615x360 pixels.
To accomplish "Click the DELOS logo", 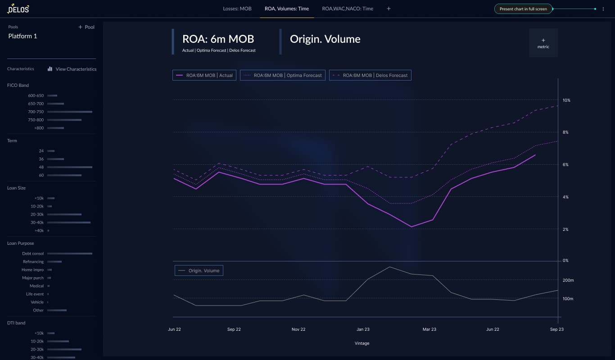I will (18, 9).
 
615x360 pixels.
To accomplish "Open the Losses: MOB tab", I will (237, 9).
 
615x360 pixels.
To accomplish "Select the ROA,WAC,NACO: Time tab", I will (348, 9).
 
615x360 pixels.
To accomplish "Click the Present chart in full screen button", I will (523, 9).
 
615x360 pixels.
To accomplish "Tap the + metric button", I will (543, 43).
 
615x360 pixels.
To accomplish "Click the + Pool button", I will (86, 27).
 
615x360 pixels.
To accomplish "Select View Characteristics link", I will (72, 69).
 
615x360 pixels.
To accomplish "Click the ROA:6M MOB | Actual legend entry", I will (204, 75).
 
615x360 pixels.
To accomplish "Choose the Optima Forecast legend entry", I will (283, 75).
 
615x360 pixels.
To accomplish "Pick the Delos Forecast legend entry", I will (370, 75).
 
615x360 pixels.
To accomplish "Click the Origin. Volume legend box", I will (199, 270).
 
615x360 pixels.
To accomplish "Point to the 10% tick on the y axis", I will (566, 100).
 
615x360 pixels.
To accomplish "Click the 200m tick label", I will (568, 280).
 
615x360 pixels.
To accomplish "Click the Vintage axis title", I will (362, 343).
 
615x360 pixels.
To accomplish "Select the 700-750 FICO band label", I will (36, 112).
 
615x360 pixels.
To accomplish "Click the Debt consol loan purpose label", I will (33, 253).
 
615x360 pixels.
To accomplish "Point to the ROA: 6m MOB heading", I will (218, 39).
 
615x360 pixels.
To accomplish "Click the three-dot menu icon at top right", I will (603, 9).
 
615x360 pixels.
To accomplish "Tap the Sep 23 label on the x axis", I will (557, 329).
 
